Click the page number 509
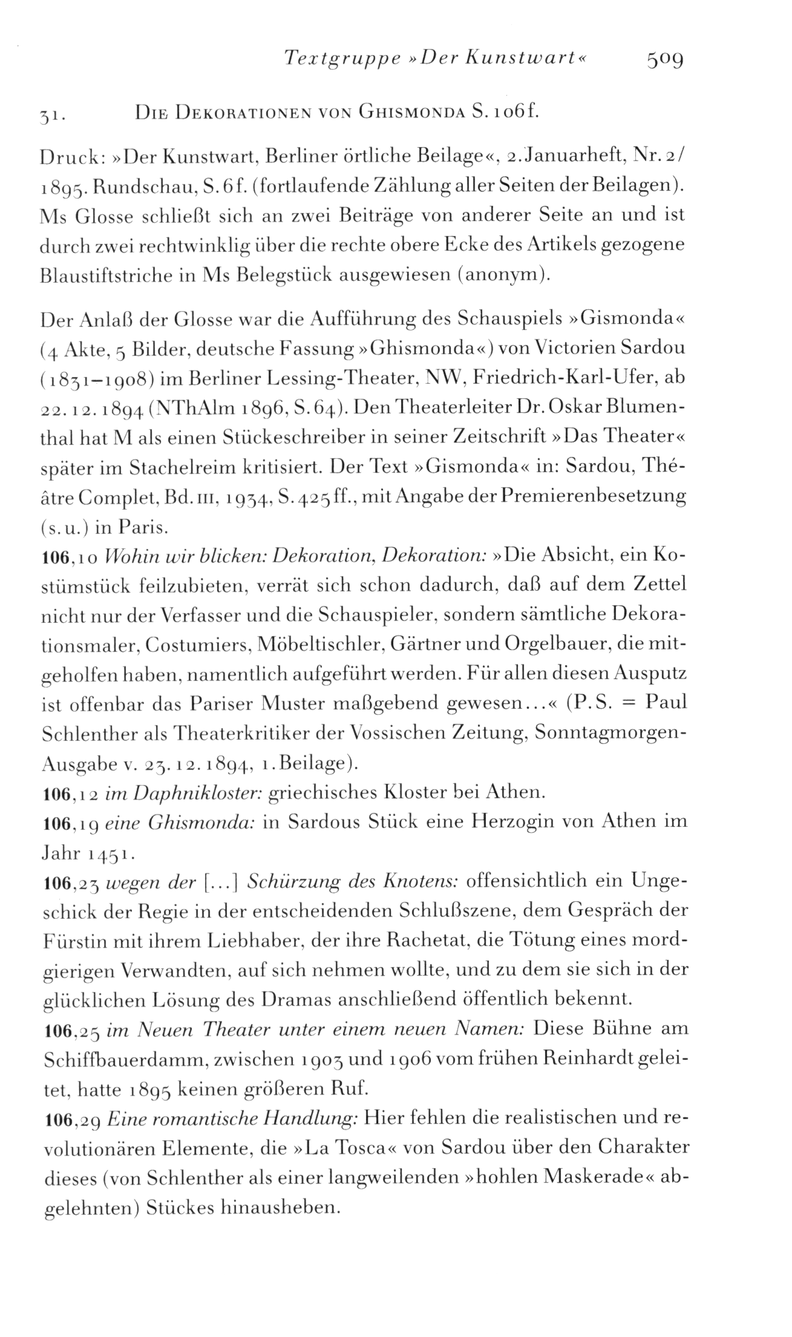click(x=664, y=59)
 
